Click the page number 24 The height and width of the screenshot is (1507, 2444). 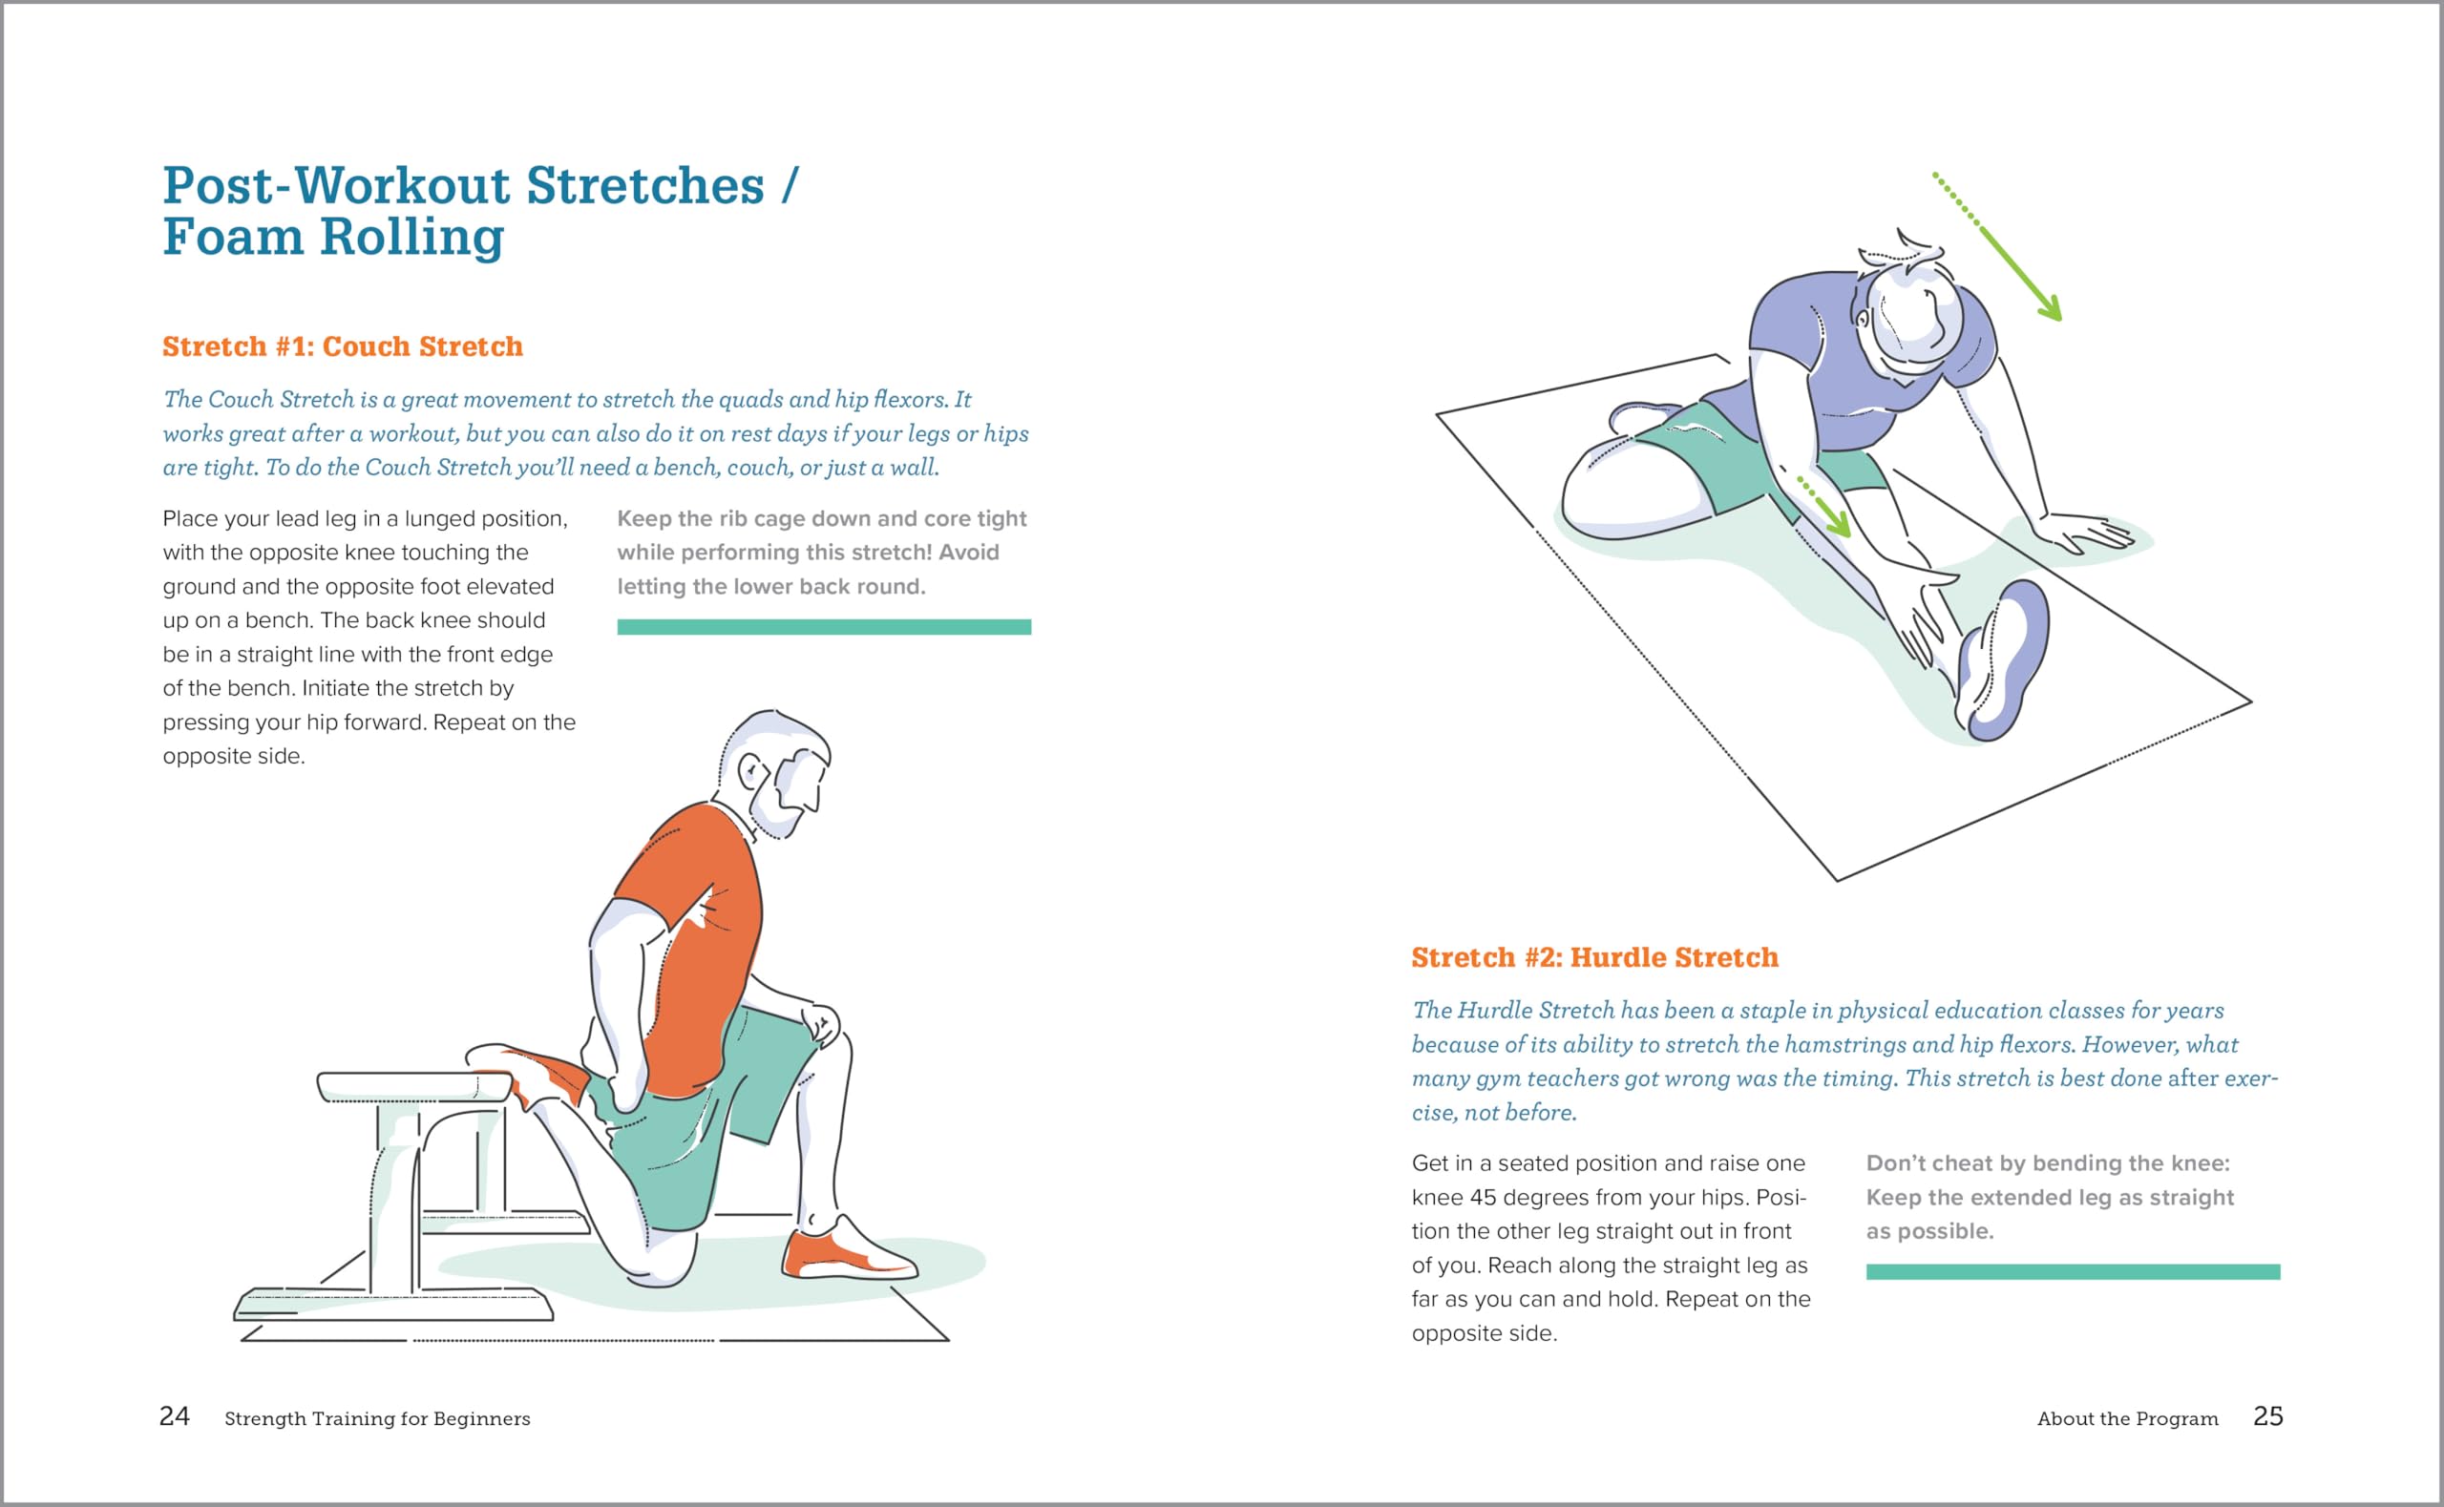coord(175,1416)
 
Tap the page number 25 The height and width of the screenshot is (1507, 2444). coord(2267,1416)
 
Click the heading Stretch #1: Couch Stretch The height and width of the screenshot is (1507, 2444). coord(342,346)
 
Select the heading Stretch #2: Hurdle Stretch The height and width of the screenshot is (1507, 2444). coord(1593,958)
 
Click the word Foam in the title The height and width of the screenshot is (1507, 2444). coord(232,238)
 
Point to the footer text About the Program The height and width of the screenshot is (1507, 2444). coord(2127,1418)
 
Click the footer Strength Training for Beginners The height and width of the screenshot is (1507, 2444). coord(377,1418)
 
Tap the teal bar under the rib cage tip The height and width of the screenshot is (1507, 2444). coord(823,627)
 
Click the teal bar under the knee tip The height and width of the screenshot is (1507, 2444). coord(2073,1272)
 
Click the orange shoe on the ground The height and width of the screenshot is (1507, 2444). coord(847,1255)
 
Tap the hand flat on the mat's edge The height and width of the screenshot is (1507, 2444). coord(2088,534)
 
